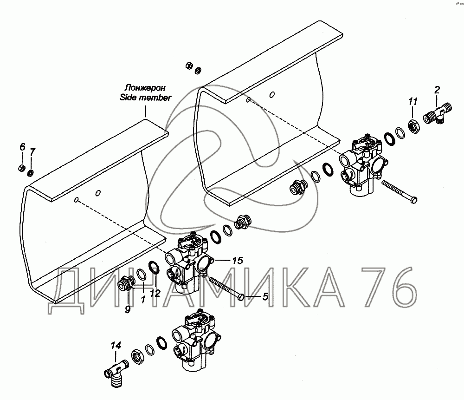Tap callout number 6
pos(21,147)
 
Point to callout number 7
pos(32,152)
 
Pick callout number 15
pos(237,261)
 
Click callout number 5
pos(265,295)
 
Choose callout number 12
pos(155,293)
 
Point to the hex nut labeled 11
pos(413,125)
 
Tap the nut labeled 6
pos(21,167)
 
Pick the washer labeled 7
pos(30,173)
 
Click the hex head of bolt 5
pos(241,296)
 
